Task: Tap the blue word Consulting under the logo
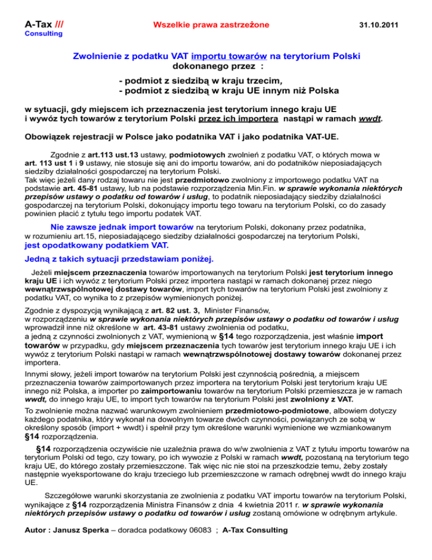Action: coord(43,34)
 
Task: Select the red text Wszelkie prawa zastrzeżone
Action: coord(211,25)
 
